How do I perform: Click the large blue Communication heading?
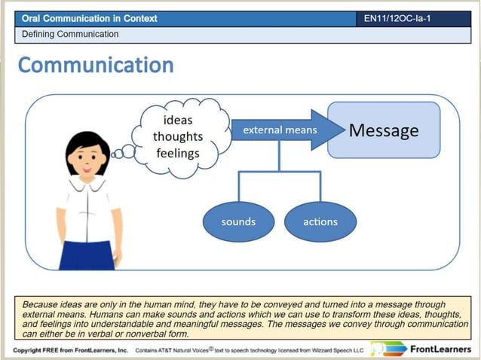click(96, 66)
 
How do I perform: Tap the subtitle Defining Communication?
click(70, 34)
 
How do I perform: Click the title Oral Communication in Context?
click(90, 18)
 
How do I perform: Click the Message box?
click(383, 130)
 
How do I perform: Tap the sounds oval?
click(238, 221)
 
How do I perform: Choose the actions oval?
click(320, 221)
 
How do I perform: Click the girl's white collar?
click(88, 185)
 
